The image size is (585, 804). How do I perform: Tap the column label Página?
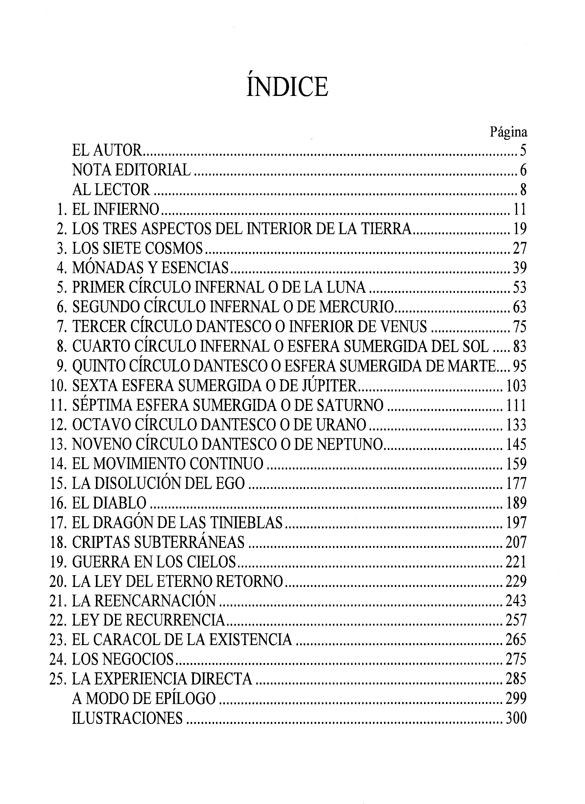[x=508, y=132]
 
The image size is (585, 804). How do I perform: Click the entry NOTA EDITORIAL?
[x=131, y=170]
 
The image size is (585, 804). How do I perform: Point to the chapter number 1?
[x=61, y=209]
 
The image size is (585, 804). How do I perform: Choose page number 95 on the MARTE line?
[x=520, y=367]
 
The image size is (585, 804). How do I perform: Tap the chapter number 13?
[x=59, y=445]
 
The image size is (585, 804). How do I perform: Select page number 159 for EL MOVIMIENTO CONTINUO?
[x=516, y=464]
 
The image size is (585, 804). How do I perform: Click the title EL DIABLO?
[x=109, y=504]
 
